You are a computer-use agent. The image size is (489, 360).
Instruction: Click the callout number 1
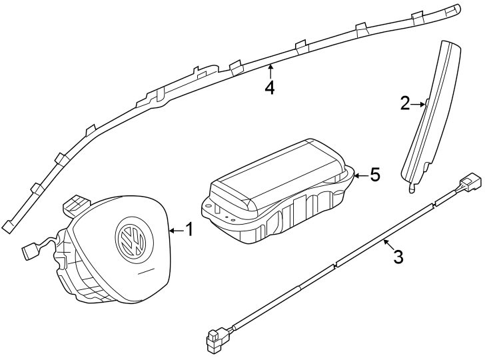pos(189,230)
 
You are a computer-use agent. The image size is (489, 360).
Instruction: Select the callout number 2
pos(405,103)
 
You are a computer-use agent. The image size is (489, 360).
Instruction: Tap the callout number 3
pos(398,257)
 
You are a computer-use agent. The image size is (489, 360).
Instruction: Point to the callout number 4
pos(269,87)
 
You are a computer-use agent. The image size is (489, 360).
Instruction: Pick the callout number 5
pos(374,175)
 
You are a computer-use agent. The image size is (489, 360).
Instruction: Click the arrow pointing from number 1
pos(175,231)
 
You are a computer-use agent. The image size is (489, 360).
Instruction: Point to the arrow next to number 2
pos(418,104)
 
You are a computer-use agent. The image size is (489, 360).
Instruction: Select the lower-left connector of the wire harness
pos(215,341)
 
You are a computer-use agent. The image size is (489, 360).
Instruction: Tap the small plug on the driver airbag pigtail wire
pos(29,251)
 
